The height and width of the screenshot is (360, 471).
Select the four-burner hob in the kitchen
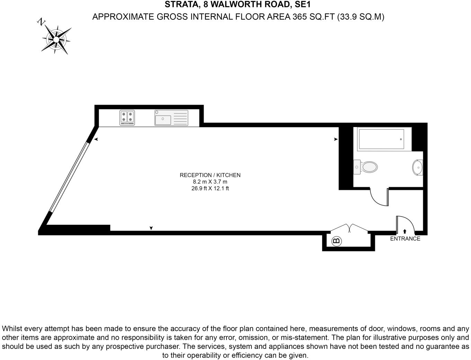coord(127,118)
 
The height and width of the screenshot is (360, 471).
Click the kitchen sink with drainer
coord(171,118)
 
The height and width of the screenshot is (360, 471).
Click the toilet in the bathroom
coord(365,167)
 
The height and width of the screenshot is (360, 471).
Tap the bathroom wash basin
coord(418,168)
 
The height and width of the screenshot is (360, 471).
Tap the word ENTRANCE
coord(405,238)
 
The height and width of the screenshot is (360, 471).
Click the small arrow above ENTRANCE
coord(405,231)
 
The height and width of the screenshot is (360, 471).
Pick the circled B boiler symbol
coord(337,241)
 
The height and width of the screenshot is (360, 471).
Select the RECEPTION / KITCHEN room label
coord(210,175)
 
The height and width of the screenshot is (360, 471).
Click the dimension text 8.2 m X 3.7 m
coord(210,182)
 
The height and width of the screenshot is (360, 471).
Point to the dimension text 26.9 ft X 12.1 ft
coord(210,188)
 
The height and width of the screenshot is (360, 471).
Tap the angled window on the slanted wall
coord(69,177)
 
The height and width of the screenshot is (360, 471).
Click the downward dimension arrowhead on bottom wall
coord(151,228)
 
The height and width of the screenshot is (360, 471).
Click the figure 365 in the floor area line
coord(300,17)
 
